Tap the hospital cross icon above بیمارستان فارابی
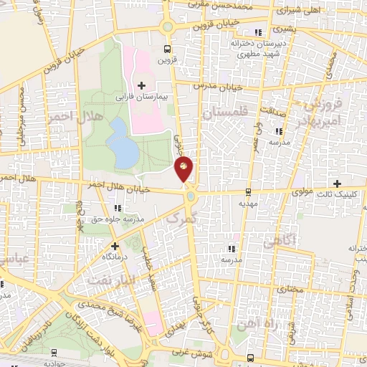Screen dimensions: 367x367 click(x=141, y=85)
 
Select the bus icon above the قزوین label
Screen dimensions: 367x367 click(x=167, y=50)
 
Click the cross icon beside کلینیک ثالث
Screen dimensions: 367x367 click(x=338, y=183)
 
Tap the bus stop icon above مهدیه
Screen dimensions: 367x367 click(x=249, y=191)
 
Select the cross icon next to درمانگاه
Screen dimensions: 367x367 click(x=115, y=245)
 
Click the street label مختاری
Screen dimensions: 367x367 click(x=291, y=289)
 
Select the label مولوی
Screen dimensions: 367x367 click(x=305, y=194)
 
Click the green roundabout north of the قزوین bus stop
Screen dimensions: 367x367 click(x=167, y=27)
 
